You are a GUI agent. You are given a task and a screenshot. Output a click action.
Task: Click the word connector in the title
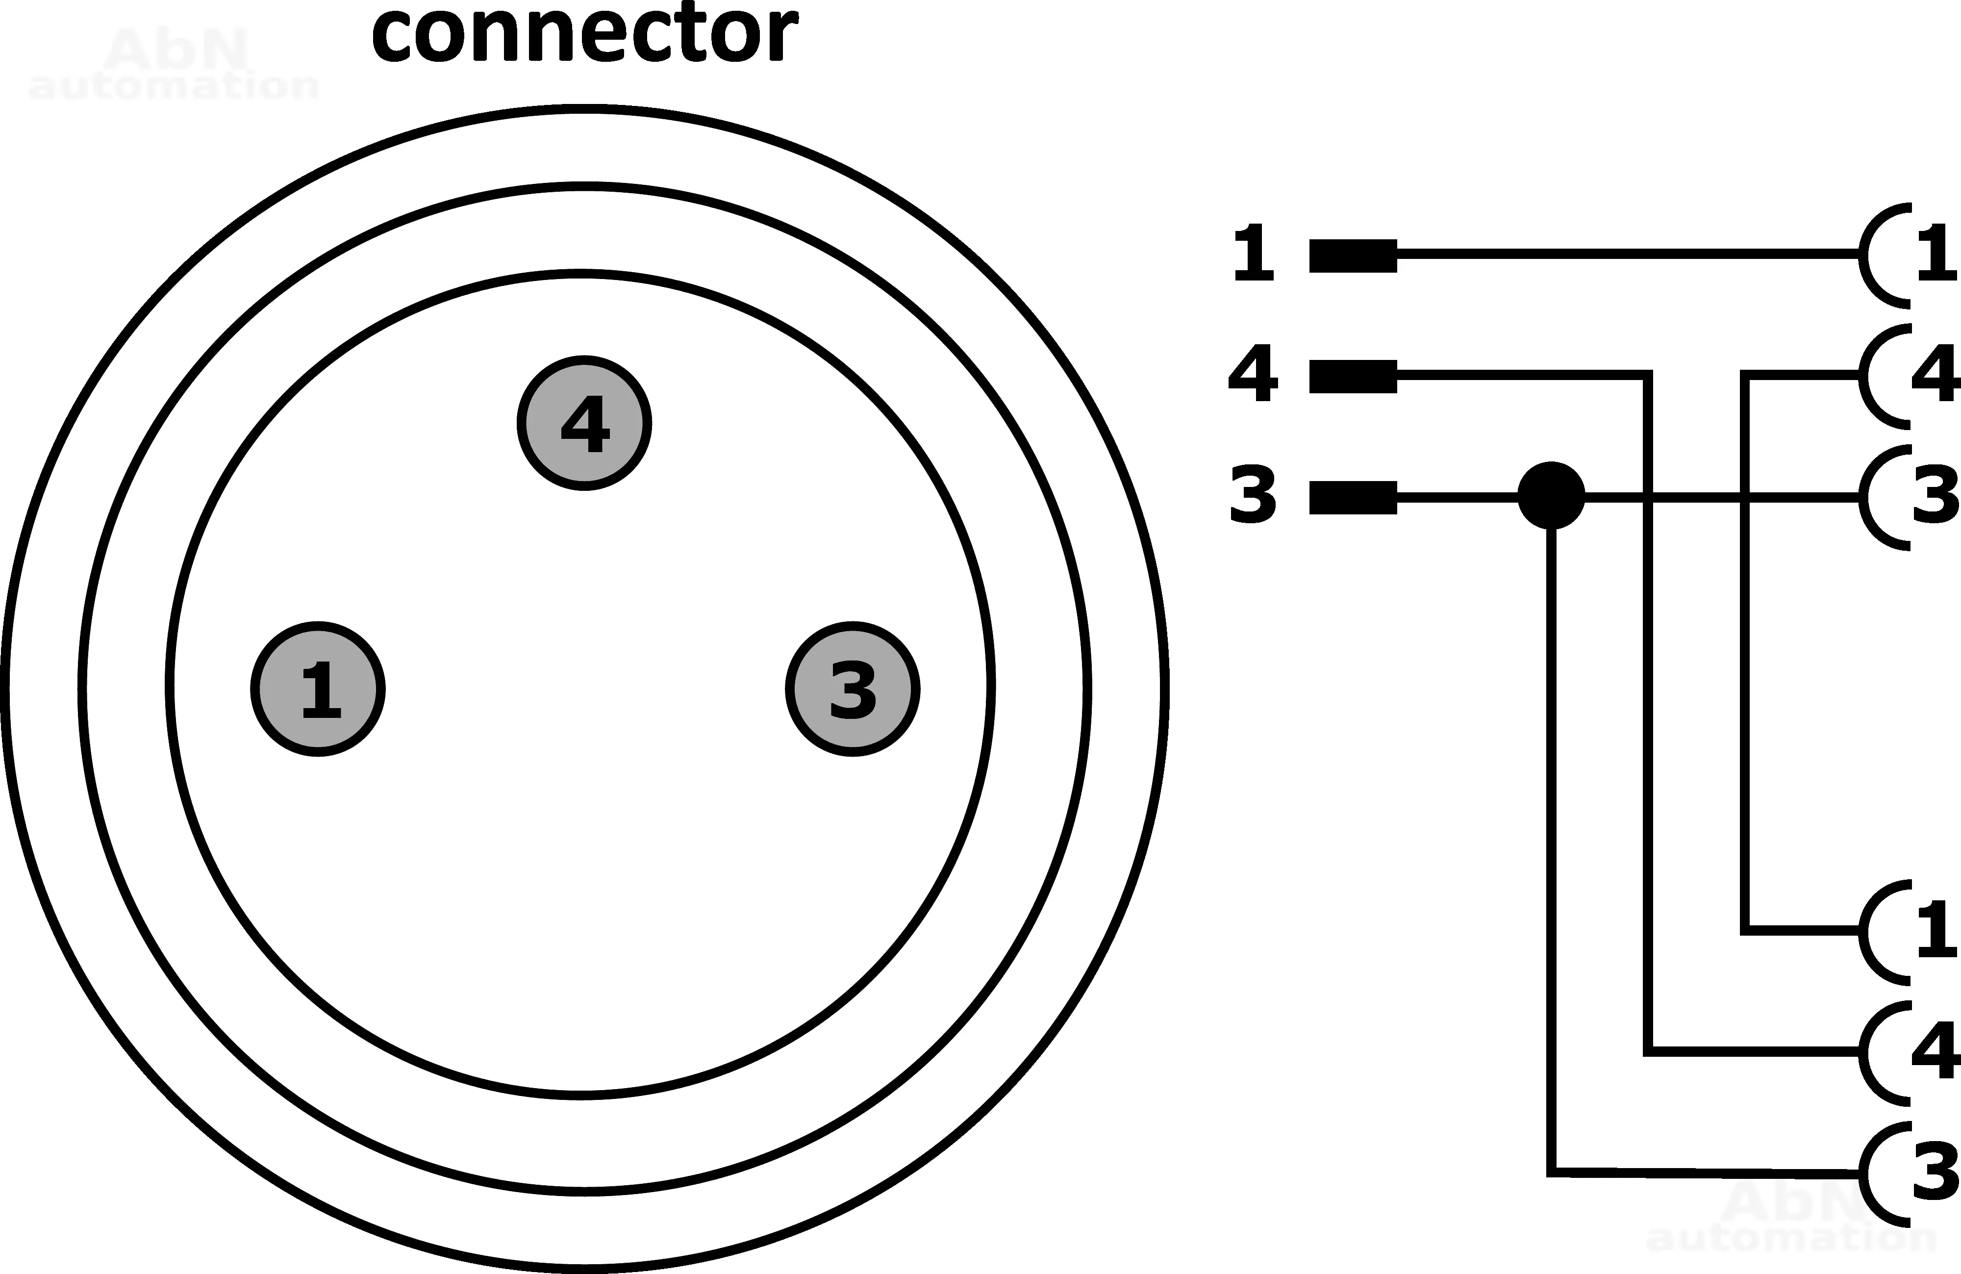[x=584, y=35]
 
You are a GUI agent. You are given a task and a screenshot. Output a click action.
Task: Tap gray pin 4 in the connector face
[x=584, y=424]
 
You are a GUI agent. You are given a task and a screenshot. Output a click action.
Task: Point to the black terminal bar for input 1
[x=1353, y=255]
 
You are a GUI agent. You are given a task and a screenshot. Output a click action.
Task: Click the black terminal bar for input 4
[x=1353, y=376]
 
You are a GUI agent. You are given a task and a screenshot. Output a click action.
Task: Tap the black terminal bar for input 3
[x=1353, y=497]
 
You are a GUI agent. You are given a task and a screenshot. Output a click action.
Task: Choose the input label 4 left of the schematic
[x=1253, y=373]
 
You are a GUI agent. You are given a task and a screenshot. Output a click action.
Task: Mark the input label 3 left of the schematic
[x=1253, y=494]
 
